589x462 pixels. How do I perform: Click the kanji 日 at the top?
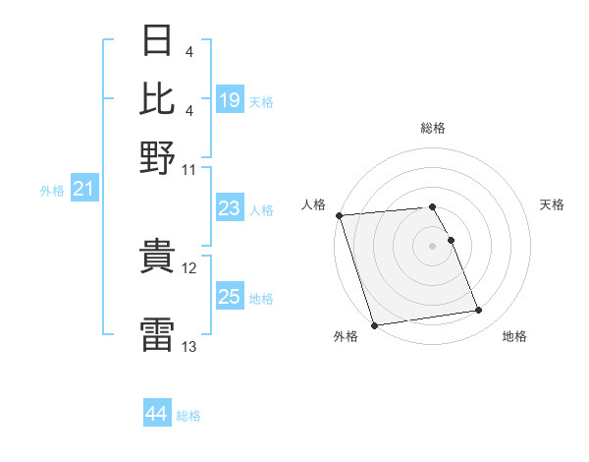158,42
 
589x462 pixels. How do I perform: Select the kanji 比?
158,98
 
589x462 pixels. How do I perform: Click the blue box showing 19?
230,100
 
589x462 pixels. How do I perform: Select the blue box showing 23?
230,208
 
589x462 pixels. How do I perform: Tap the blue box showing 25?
230,297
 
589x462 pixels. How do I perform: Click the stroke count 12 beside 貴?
189,268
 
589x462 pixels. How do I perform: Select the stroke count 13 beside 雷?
189,346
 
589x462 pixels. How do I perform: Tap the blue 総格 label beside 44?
188,416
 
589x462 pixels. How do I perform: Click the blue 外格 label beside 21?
52,191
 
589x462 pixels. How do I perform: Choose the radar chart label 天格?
552,204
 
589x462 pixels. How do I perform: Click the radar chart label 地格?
514,337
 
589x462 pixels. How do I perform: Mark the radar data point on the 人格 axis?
339,215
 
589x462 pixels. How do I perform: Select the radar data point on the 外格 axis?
374,325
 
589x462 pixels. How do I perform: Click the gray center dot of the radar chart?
433,245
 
